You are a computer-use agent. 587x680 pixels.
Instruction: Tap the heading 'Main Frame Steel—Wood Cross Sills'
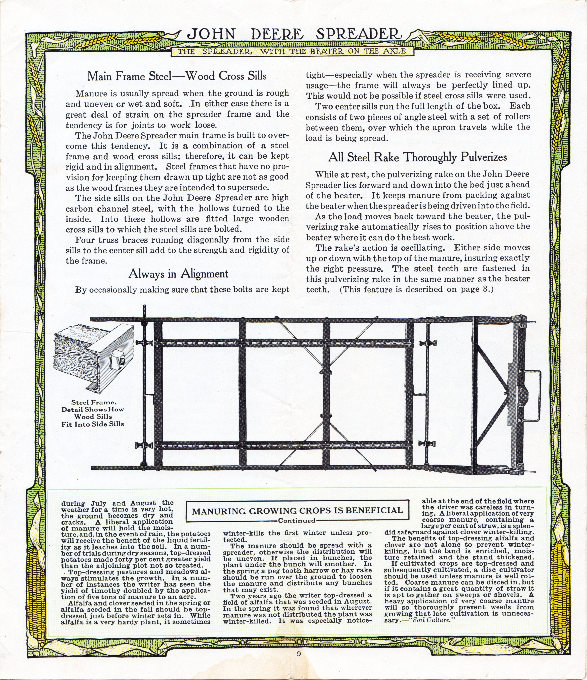pos(177,76)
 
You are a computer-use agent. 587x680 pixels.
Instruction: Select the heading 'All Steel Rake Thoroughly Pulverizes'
pos(417,157)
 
